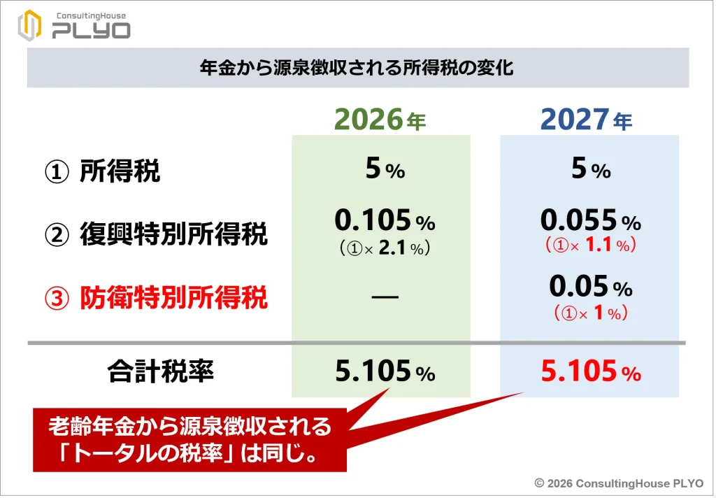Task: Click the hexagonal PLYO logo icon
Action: coord(29,25)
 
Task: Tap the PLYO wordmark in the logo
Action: coord(92,31)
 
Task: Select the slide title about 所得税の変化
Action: coord(357,68)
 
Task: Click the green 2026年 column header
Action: coord(380,120)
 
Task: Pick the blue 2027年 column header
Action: coord(587,120)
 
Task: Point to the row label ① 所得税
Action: coord(102,172)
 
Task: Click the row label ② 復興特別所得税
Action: coord(156,234)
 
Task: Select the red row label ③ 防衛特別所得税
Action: coord(156,298)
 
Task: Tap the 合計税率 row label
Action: coord(161,371)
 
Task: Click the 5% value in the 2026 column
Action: coord(385,169)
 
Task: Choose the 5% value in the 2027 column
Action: coord(591,169)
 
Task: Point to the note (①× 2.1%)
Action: coord(385,248)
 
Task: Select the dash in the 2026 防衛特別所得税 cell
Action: coord(385,297)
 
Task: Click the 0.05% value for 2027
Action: coord(590,287)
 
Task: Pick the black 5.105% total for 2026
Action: coord(385,371)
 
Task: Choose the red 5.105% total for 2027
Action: coord(591,371)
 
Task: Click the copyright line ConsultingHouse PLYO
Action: coord(620,483)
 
